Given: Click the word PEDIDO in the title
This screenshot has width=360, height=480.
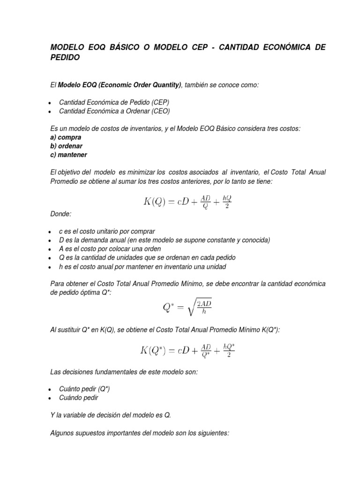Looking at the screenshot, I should [x=65, y=58].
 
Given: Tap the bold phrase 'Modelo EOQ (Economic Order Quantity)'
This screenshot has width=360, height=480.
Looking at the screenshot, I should [x=120, y=84].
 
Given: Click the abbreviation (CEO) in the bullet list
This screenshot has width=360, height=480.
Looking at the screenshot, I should [x=160, y=111].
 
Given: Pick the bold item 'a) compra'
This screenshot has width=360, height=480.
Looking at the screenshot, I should [x=66, y=137].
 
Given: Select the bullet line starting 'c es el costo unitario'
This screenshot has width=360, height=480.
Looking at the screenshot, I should [x=106, y=232].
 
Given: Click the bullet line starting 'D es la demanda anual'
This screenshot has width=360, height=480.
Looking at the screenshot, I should [x=164, y=240].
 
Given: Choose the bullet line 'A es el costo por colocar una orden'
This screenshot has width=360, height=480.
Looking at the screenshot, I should [x=110, y=249].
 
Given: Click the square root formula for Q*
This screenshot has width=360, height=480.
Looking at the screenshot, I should [x=187, y=308].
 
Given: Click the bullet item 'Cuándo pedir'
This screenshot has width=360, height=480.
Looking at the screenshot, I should [x=79, y=398].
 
